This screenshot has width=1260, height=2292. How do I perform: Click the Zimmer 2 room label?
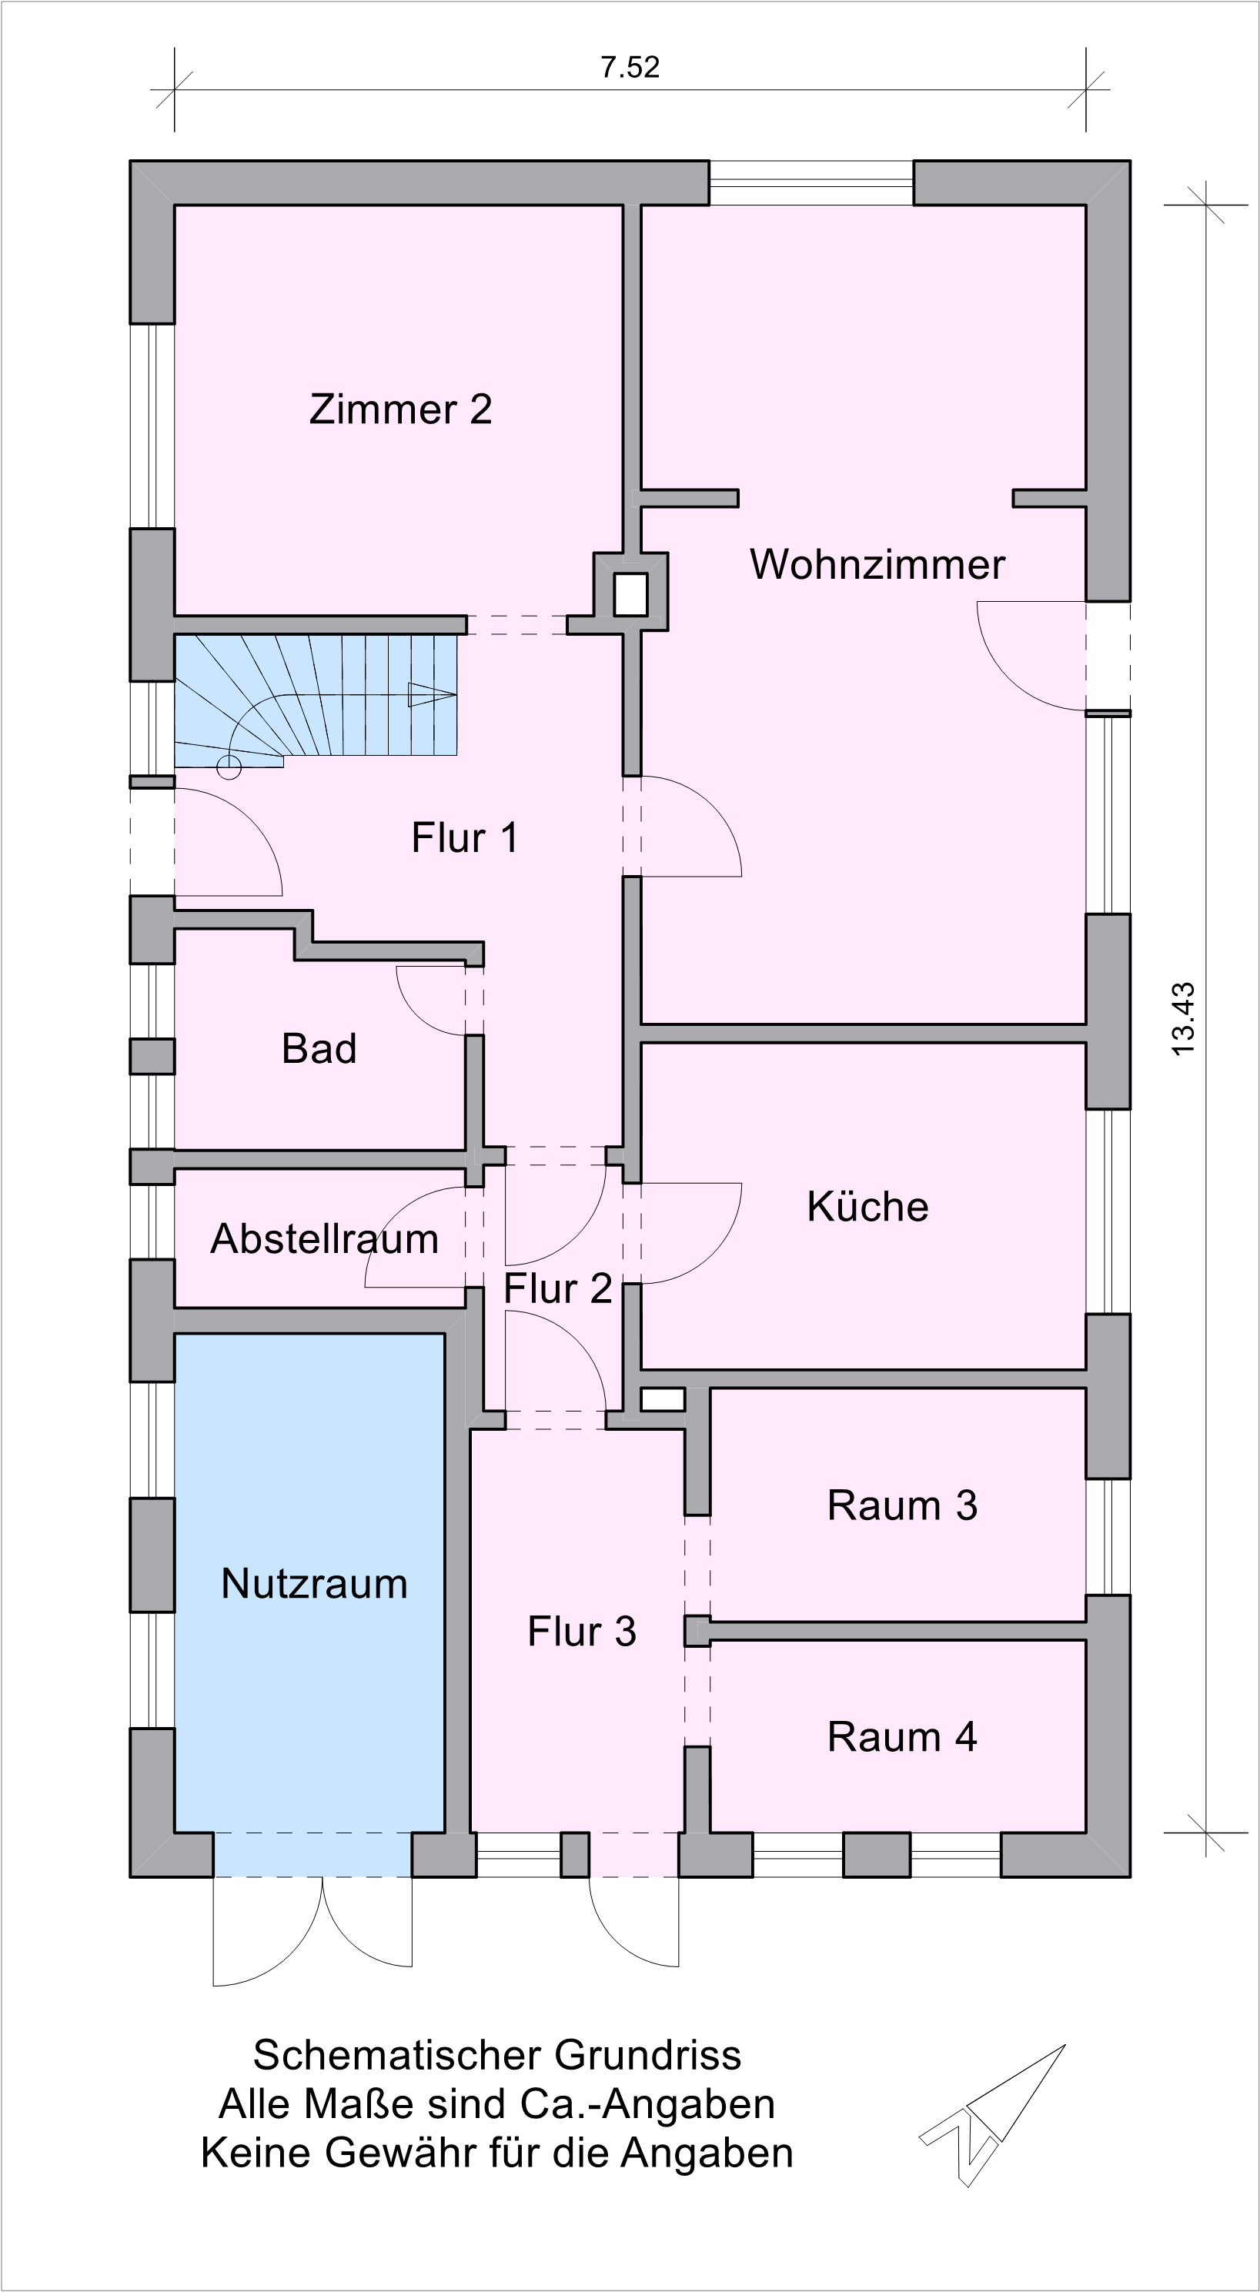click(x=400, y=409)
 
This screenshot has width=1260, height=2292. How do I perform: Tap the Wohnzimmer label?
click(x=877, y=564)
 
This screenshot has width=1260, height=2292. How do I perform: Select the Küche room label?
click(x=867, y=1207)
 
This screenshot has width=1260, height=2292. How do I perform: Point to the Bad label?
click(x=319, y=1048)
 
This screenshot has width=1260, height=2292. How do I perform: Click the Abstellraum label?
click(x=324, y=1238)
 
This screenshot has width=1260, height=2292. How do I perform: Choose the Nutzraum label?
click(x=314, y=1584)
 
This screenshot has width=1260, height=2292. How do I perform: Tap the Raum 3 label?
click(x=901, y=1505)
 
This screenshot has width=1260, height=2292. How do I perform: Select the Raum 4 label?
click(x=901, y=1737)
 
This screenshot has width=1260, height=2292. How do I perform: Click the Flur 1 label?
click(x=464, y=837)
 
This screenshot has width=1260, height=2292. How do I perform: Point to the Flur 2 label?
click(x=558, y=1288)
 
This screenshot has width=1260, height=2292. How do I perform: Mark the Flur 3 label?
click(x=582, y=1632)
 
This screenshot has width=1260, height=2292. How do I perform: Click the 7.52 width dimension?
click(x=630, y=68)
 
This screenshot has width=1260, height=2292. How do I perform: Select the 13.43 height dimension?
click(x=1184, y=1020)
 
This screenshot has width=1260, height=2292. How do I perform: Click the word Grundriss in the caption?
click(x=648, y=2055)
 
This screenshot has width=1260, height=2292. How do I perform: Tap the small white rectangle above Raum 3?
click(x=663, y=1399)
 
